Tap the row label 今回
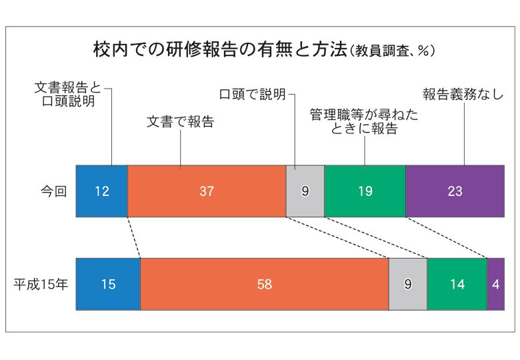tap(53, 191)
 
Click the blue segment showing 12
tap(101, 191)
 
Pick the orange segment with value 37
tap(206, 191)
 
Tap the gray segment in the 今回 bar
tap(305, 191)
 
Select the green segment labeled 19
tap(365, 191)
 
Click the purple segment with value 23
tap(455, 191)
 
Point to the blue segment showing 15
tap(108, 284)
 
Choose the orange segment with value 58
tap(264, 284)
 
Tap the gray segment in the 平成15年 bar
tap(407, 284)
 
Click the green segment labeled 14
tap(457, 284)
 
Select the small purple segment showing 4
tap(495, 284)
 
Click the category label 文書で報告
tap(180, 123)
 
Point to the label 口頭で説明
tap(253, 94)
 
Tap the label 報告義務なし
tap(463, 94)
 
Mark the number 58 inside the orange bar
tap(264, 284)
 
